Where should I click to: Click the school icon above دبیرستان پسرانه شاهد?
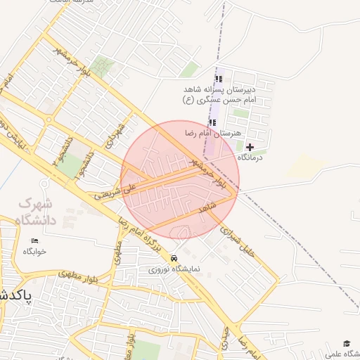point(218,79)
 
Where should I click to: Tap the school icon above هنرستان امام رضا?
point(212,123)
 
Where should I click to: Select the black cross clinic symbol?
point(250,147)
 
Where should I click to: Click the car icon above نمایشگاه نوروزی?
point(174,258)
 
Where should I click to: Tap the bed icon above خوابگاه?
point(34,241)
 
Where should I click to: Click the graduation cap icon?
point(346,343)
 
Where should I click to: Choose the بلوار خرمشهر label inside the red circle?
point(211,173)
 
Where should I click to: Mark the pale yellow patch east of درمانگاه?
point(306,165)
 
